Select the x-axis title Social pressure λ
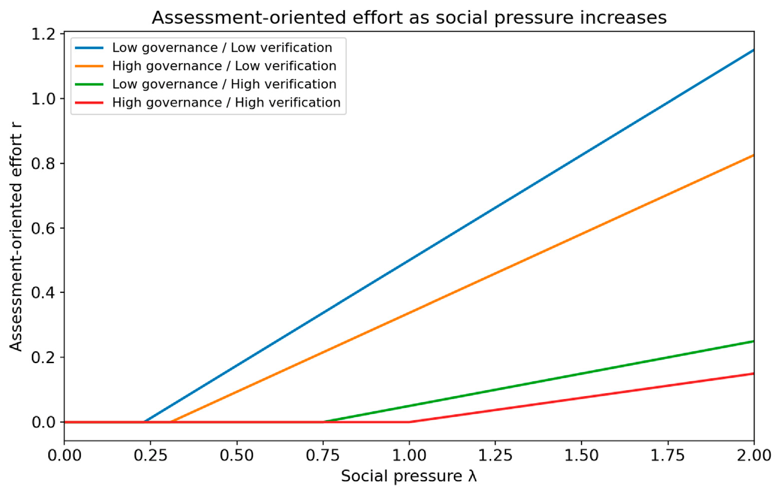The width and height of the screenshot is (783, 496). tap(409, 476)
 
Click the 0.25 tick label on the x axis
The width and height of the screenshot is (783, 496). tap(151, 455)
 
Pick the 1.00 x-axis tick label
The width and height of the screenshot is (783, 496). tap(409, 455)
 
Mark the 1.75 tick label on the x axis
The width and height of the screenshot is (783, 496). tap(668, 455)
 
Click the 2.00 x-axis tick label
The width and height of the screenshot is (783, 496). tap(754, 455)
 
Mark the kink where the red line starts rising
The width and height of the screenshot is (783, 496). tap(409, 422)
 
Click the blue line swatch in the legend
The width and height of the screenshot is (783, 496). tap(89, 48)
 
